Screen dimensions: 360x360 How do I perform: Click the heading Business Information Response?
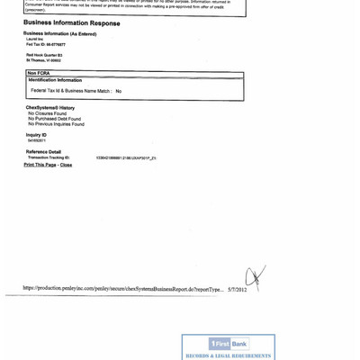click(71, 23)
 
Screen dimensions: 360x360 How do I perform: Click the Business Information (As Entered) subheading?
click(59, 33)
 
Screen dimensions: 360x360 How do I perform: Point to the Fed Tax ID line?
click(45, 44)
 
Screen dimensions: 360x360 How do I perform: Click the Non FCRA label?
click(39, 73)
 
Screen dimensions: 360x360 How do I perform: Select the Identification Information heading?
click(56, 80)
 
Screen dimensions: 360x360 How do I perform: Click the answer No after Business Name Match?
click(118, 91)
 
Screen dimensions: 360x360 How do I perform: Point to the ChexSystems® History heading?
click(50, 108)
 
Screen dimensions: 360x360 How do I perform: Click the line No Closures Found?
click(48, 113)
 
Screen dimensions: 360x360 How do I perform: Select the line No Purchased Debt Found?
click(54, 119)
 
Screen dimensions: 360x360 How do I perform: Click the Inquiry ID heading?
click(36, 135)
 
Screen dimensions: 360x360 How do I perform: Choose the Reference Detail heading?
click(43, 152)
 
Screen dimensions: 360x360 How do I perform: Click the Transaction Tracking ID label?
click(49, 157)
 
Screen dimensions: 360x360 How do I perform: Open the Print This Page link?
click(40, 165)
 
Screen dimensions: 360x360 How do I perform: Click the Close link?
click(66, 165)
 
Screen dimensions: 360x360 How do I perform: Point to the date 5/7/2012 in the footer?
click(237, 290)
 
